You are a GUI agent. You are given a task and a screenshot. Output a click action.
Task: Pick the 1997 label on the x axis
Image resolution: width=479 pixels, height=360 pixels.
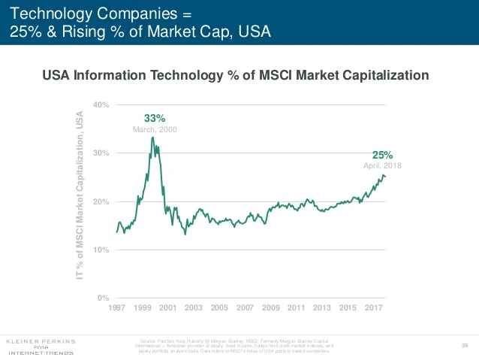tap(116, 308)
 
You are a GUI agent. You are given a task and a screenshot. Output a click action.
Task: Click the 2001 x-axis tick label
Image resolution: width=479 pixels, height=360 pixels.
tap(167, 308)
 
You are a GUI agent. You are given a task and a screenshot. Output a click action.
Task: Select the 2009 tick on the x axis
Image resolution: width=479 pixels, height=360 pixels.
tap(270, 308)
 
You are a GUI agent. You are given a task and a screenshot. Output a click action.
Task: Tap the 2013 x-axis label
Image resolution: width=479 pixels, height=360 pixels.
tap(322, 308)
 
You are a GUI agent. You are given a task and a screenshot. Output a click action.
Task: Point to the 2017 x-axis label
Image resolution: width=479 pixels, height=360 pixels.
tap(373, 308)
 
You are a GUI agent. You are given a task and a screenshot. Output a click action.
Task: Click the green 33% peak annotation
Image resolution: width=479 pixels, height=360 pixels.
tap(155, 118)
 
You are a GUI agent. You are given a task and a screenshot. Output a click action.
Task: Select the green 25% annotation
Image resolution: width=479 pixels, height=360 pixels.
tap(383, 155)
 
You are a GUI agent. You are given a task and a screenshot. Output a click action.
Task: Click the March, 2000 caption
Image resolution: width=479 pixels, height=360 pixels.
tap(155, 129)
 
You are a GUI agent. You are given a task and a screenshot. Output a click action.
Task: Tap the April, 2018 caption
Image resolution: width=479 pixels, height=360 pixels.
tap(383, 165)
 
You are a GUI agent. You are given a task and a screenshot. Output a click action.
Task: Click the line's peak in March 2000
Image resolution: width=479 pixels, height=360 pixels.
tap(153, 138)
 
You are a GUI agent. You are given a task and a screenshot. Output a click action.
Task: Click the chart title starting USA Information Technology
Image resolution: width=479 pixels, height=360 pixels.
tap(235, 75)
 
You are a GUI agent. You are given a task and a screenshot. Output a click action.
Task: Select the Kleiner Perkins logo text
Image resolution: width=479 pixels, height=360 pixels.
tap(41, 340)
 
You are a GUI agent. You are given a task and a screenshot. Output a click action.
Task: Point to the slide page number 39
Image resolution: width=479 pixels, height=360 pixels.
tap(464, 344)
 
